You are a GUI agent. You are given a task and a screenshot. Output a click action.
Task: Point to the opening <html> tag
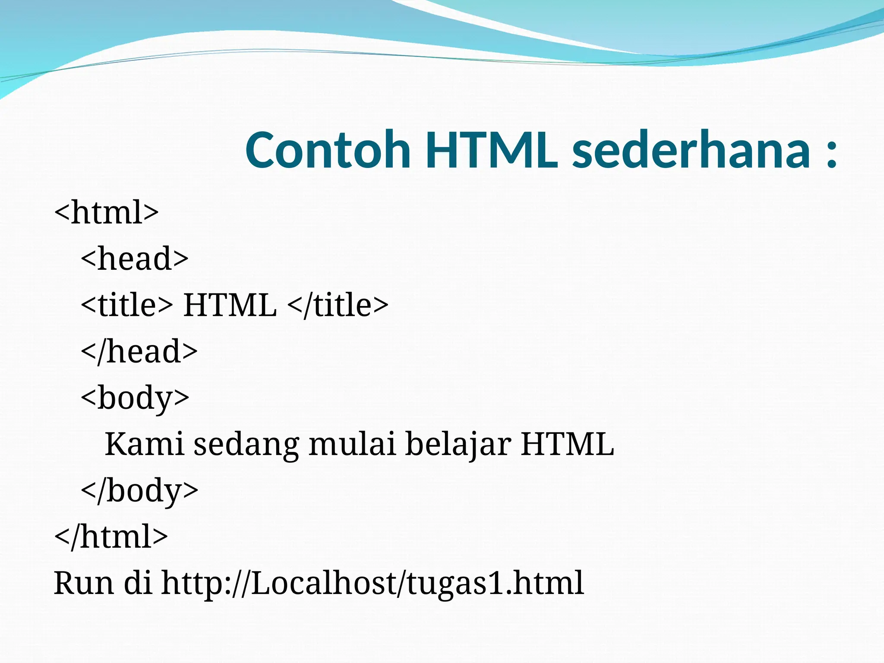point(107,212)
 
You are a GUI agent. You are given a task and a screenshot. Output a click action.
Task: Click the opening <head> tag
point(135,259)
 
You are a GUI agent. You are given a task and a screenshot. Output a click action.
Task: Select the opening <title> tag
point(127,305)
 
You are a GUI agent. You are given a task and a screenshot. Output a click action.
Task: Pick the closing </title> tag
point(338,305)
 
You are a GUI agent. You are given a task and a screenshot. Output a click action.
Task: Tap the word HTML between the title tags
point(230,305)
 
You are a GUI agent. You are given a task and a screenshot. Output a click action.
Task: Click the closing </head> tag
point(139,351)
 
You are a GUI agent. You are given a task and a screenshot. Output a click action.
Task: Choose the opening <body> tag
point(135,398)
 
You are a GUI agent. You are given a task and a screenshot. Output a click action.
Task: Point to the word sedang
point(246,445)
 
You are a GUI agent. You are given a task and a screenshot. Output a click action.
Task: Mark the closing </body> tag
point(139,491)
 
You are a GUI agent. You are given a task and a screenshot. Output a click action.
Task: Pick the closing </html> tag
point(111,537)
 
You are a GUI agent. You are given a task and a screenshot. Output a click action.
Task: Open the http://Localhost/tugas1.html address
point(373,583)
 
